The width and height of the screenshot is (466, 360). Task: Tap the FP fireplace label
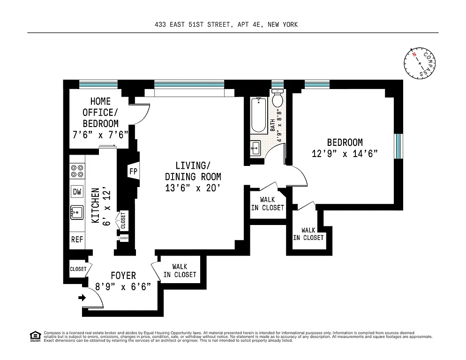[133, 171]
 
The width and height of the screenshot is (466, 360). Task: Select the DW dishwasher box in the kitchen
[77, 191]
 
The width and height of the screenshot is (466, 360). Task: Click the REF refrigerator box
[77, 239]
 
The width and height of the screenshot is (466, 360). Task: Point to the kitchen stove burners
[77, 171]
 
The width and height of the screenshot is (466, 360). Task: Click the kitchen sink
[77, 212]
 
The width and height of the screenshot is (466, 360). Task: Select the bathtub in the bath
[258, 115]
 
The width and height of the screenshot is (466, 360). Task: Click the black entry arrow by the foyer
[83, 297]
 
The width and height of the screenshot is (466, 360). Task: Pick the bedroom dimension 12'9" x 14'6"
[345, 153]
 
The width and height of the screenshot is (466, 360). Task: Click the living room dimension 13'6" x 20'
[193, 188]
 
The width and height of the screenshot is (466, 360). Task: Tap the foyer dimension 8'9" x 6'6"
[123, 287]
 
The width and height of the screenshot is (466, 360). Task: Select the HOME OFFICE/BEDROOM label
[100, 112]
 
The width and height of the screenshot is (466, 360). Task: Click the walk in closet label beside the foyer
[180, 271]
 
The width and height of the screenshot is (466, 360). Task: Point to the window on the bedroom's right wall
[398, 147]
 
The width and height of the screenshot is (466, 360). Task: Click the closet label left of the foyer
[78, 269]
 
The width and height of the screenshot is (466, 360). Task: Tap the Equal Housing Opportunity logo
[34, 336]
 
